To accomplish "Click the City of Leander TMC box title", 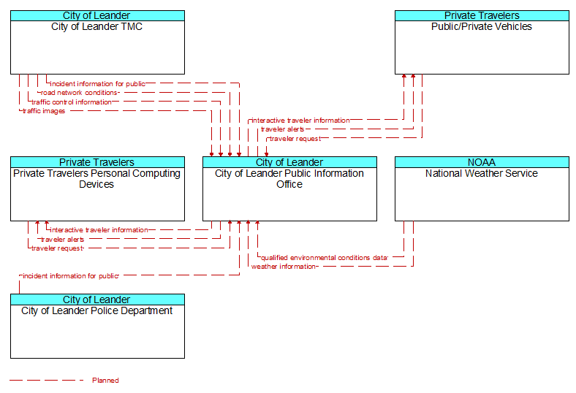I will click(x=96, y=27).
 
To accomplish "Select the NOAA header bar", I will click(x=482, y=162).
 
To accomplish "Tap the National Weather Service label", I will click(x=482, y=174).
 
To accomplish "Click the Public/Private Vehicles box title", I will click(x=482, y=27).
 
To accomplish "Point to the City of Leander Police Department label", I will click(x=96, y=311).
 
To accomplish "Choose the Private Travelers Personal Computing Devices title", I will click(x=96, y=179).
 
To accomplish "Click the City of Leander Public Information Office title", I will click(x=289, y=179).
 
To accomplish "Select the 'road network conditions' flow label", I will click(x=80, y=93).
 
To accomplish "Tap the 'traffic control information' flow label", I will click(x=72, y=102).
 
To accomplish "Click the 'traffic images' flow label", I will click(x=44, y=111).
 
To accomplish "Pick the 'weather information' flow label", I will click(x=284, y=267).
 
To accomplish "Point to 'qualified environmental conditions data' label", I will click(x=324, y=258).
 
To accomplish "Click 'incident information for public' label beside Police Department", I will click(x=70, y=276).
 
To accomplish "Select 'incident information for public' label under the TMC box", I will click(x=97, y=84).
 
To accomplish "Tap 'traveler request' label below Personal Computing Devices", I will click(x=57, y=248).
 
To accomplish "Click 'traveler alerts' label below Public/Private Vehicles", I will click(x=282, y=129).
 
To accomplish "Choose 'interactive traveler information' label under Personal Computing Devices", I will click(x=99, y=230).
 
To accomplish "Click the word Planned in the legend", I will click(x=105, y=381).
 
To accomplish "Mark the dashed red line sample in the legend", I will click(x=47, y=381).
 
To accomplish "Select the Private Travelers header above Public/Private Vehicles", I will click(x=482, y=15).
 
